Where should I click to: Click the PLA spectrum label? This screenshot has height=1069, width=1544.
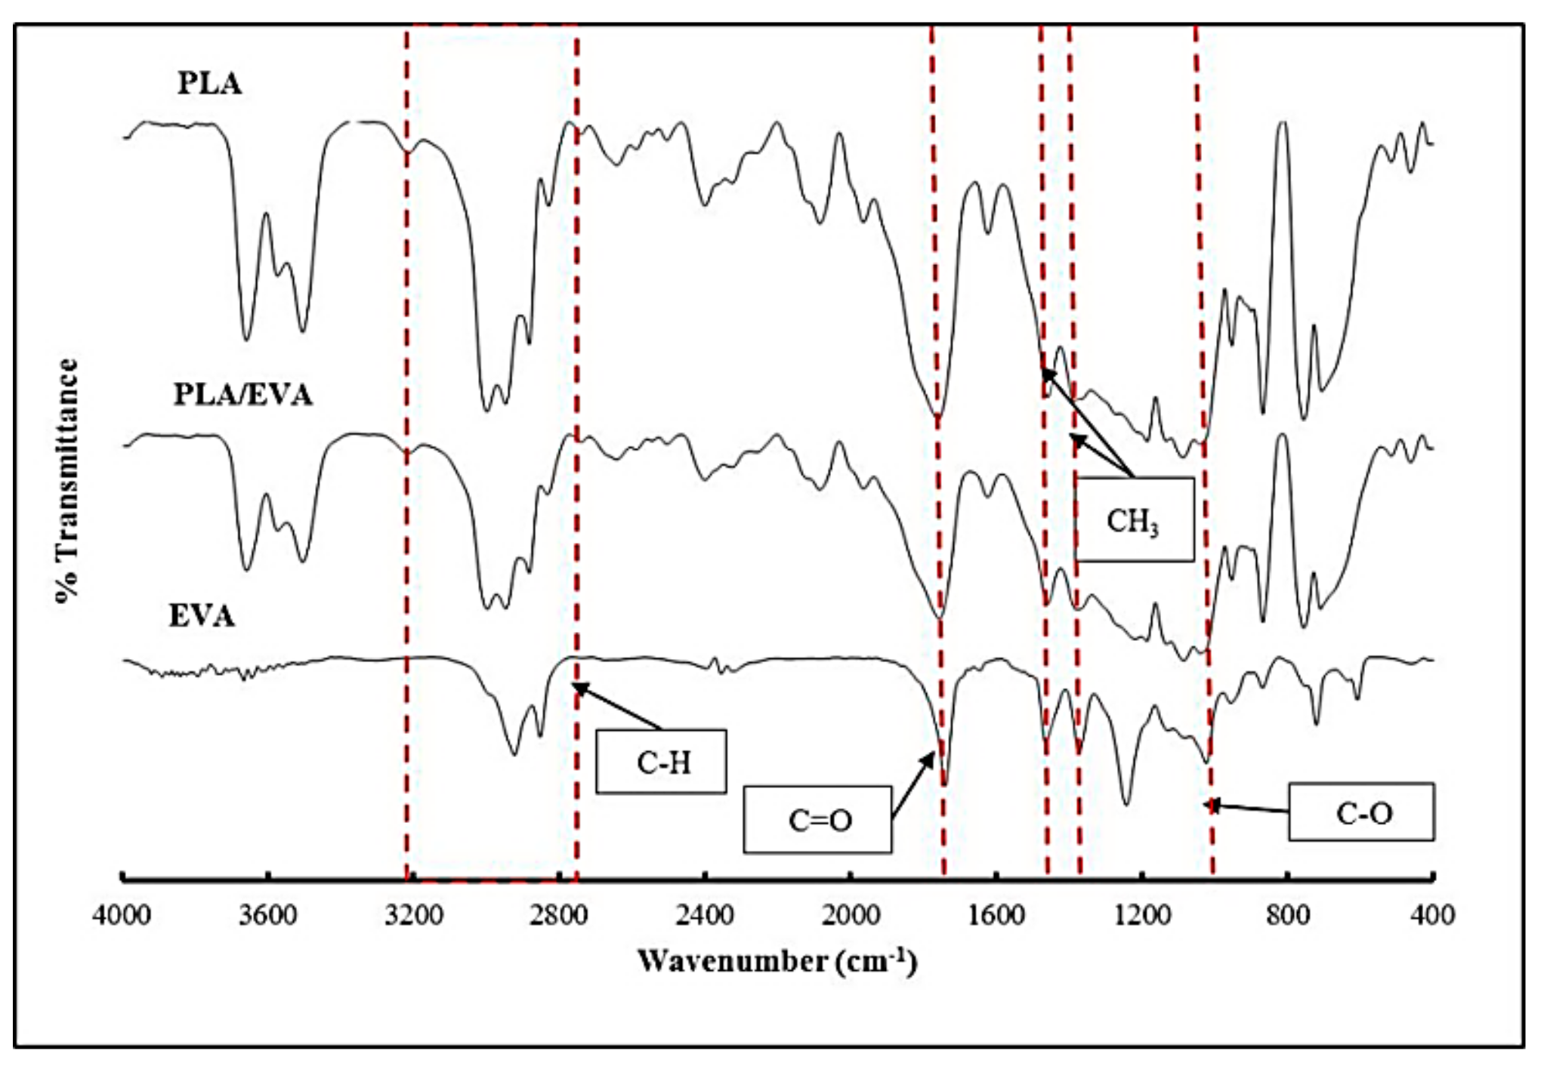point(209,84)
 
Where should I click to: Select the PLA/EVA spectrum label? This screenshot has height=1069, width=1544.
point(242,395)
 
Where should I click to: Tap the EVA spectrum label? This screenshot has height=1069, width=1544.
point(201,616)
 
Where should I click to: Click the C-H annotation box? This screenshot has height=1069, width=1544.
point(661,762)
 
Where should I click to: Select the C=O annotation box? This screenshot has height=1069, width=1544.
point(817,820)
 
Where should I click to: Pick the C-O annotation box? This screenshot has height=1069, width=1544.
point(1360,812)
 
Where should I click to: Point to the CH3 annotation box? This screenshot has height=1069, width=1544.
point(1134,520)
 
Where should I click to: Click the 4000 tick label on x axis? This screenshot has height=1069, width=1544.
point(122,916)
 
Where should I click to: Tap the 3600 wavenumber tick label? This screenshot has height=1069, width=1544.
point(267,916)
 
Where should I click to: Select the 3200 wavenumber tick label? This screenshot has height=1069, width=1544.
point(413,916)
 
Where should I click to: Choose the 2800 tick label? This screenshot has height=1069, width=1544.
point(559,916)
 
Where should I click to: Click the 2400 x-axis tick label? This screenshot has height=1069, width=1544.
point(705,916)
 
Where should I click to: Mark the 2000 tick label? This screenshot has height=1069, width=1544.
point(851,916)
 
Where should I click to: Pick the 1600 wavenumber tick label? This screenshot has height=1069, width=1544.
point(996,916)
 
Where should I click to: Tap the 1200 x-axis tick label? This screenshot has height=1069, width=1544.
point(1142,916)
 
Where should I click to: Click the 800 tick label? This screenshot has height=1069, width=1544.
point(1288,916)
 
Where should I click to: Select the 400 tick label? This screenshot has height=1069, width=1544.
point(1433,916)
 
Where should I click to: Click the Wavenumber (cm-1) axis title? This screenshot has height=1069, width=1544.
point(777,962)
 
